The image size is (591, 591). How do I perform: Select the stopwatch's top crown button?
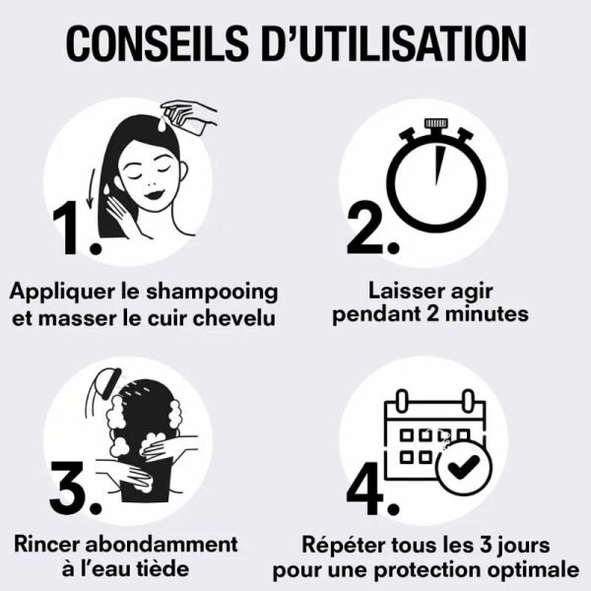434,126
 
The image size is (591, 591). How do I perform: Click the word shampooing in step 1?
223,293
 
